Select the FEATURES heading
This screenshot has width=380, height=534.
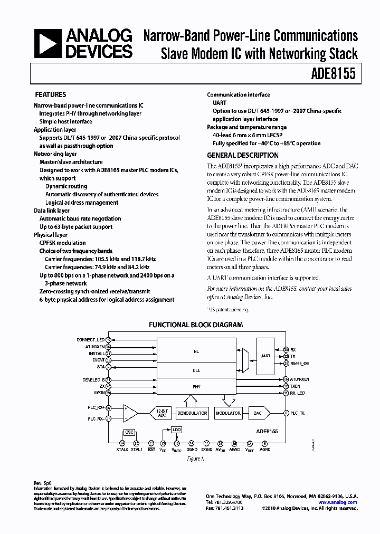(x=50, y=95)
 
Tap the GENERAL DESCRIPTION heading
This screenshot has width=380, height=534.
(x=242, y=156)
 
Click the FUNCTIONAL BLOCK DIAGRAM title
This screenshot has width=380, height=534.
(x=195, y=325)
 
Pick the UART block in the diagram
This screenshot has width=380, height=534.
(x=265, y=356)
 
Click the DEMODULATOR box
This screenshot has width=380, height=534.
(x=192, y=413)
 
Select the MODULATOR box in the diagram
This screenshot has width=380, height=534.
(x=228, y=413)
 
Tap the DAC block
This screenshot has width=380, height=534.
(x=257, y=413)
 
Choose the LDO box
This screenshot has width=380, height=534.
(x=176, y=430)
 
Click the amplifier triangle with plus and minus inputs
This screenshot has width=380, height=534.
(x=130, y=413)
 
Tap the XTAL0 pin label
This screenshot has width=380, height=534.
(x=122, y=450)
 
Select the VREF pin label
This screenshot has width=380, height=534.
(x=249, y=450)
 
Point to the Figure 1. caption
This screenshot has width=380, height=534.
(x=196, y=459)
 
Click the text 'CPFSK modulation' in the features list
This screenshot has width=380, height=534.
(x=62, y=243)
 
